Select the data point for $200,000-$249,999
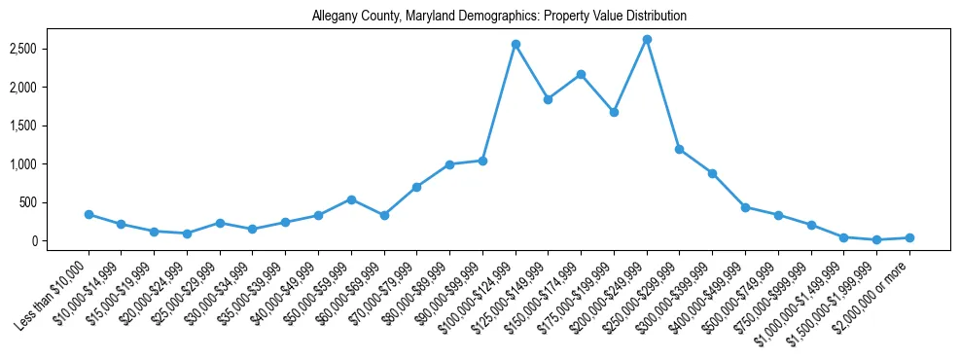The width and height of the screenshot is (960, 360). click(647, 39)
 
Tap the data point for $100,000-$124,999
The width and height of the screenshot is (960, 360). click(516, 44)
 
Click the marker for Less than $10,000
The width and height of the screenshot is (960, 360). click(89, 214)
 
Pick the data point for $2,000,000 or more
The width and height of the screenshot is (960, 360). click(909, 237)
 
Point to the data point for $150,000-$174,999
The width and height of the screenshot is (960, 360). click(581, 74)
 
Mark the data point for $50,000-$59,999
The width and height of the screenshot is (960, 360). click(351, 199)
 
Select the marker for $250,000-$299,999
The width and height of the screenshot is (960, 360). click(679, 149)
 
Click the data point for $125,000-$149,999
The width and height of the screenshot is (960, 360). click(549, 99)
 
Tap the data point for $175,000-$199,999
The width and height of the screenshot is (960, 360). click(614, 112)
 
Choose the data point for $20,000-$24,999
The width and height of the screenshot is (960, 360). click(187, 234)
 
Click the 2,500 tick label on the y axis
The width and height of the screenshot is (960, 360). click(49, 49)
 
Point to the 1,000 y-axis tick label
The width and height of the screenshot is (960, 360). click(49, 164)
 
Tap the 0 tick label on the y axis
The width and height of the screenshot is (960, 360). click(60, 241)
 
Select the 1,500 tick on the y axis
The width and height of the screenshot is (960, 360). click(49, 126)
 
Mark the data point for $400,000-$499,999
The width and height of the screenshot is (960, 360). click(745, 207)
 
